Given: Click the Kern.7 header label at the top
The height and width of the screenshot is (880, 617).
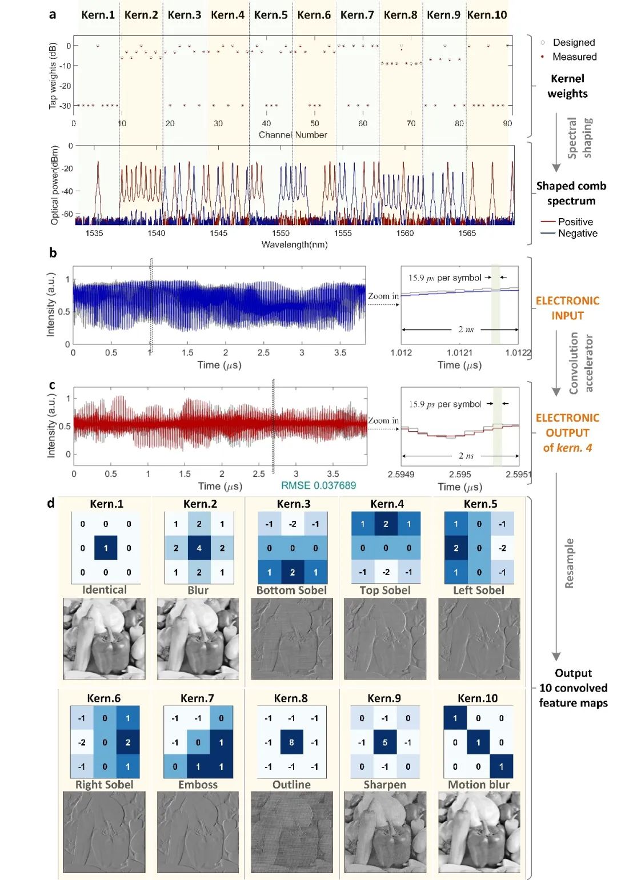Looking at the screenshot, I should [357, 15].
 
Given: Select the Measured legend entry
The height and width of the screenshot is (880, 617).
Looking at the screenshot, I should [574, 57].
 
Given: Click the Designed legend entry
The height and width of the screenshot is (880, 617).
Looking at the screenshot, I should [573, 42].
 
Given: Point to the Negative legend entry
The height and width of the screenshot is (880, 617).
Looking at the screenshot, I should [577, 233].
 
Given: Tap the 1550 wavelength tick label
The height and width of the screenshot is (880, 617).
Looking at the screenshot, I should [281, 233].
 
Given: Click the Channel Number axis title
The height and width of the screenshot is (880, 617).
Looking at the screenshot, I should [293, 135].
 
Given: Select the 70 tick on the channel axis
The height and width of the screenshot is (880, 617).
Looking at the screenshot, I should [411, 123].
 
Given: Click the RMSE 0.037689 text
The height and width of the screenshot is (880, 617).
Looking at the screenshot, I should [318, 485].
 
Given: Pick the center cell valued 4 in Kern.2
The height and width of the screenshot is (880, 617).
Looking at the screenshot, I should [199, 548].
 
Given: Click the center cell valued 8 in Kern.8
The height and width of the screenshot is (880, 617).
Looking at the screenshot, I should [291, 742].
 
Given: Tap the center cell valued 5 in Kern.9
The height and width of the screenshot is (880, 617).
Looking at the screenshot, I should [384, 742].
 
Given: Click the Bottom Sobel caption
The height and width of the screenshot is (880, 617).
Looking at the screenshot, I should [291, 590].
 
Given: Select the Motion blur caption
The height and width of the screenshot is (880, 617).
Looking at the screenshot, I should [478, 785].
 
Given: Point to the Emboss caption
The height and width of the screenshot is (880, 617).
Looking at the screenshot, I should [198, 785].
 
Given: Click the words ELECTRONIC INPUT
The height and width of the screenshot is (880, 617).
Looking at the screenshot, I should [567, 308].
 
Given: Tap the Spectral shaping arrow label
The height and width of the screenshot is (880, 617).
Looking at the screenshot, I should [580, 138].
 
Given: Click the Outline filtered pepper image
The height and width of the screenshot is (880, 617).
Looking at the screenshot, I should [291, 832].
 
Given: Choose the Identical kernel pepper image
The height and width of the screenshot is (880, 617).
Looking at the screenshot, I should [104, 638].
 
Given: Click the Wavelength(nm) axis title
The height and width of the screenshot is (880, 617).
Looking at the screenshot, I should [294, 244].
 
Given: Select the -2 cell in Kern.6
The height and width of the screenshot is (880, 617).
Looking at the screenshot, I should [82, 742].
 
